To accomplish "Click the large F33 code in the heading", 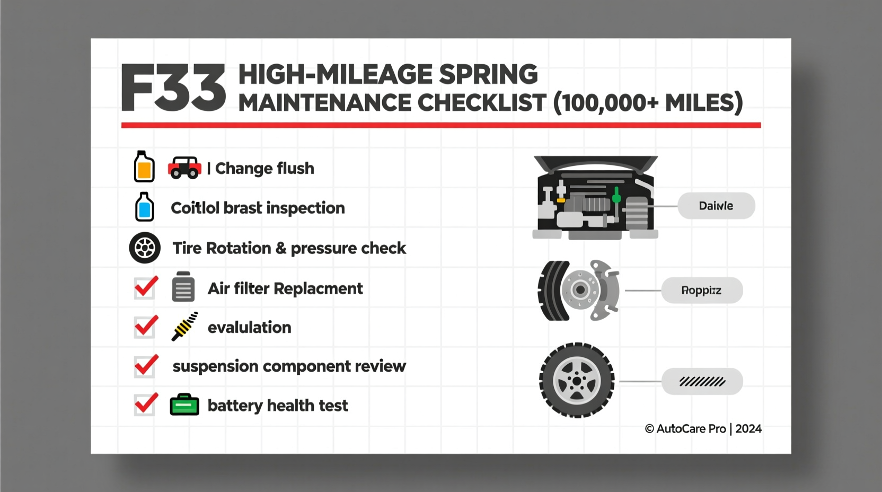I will (173, 89).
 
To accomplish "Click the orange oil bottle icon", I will (144, 168).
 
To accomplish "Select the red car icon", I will (184, 168).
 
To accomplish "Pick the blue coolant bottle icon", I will (144, 207).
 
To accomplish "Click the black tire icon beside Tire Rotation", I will (145, 248).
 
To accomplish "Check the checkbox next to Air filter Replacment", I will (145, 288).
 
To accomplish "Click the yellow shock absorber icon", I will (185, 326).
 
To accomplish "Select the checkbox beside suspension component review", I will (145, 366).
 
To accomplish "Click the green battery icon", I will (184, 405).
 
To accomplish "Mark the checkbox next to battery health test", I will (145, 405).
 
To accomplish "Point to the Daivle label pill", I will (716, 206).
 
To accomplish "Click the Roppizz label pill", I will (701, 291).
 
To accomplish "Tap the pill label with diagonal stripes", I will (702, 382).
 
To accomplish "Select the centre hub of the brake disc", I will (580, 290).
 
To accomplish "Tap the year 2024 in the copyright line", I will (748, 429).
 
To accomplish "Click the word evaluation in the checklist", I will (249, 328).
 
